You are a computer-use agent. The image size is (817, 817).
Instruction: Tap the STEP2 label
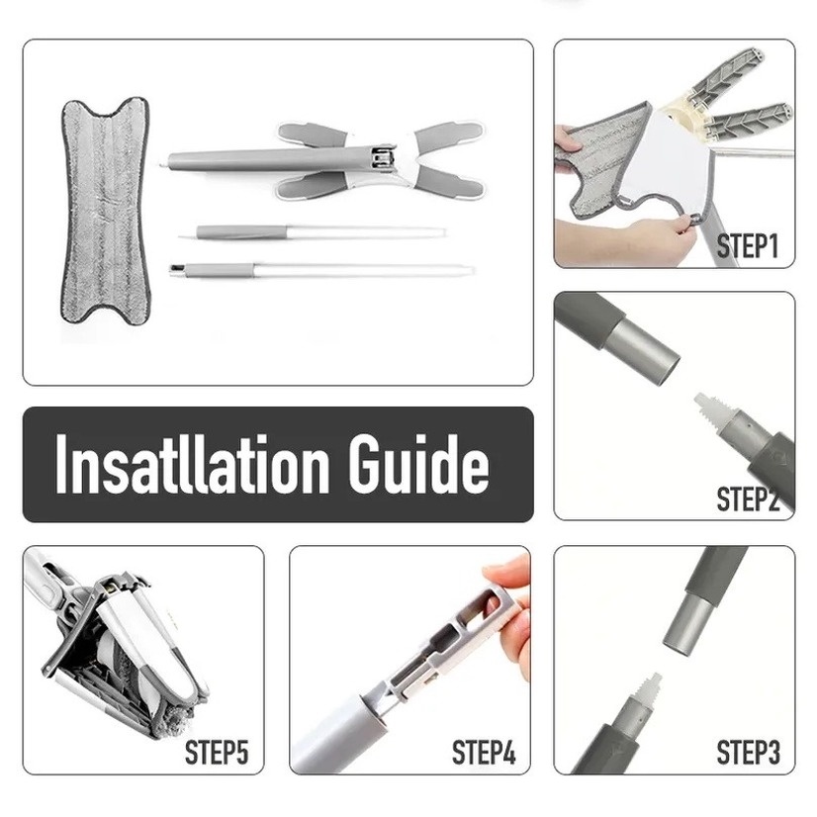pos(747,499)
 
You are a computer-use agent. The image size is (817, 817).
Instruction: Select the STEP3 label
pos(747,753)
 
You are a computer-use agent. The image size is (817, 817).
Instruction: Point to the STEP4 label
pos(484,753)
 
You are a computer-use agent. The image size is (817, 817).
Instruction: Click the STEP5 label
pos(217,753)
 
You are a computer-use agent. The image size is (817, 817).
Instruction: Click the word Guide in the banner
pos(416,465)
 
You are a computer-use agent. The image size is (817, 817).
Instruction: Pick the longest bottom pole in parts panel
pos(321,269)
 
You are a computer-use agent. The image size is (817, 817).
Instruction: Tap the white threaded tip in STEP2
pos(708,406)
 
